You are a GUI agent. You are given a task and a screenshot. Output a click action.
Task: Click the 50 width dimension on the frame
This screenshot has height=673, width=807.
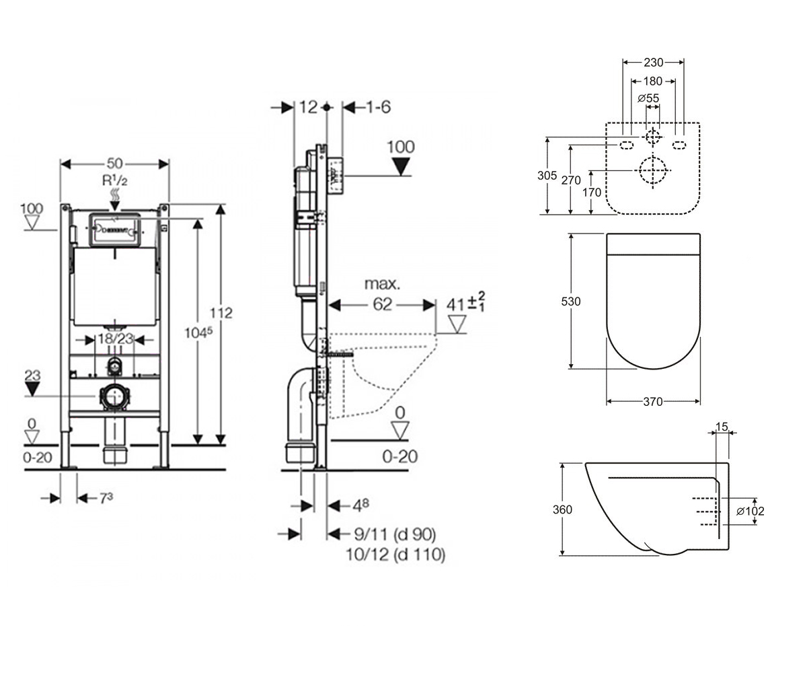pos(115,164)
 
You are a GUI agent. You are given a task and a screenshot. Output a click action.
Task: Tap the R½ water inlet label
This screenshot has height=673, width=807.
pos(115,180)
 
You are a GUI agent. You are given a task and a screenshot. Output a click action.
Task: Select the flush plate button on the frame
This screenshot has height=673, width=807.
pos(115,229)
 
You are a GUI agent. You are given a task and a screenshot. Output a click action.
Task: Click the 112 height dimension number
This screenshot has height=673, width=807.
pos(221,312)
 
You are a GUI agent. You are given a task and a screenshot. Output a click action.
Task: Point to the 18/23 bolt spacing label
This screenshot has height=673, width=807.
pos(115,339)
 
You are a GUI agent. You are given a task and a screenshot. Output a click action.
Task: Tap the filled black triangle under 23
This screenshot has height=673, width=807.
pos(32,389)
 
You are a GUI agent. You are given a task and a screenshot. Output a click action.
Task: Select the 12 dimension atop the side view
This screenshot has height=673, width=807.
pos(308,107)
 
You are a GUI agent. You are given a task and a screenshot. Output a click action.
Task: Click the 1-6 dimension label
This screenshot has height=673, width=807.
pos(379,107)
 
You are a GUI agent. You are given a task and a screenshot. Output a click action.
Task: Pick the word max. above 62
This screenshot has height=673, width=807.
pos(382,284)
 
